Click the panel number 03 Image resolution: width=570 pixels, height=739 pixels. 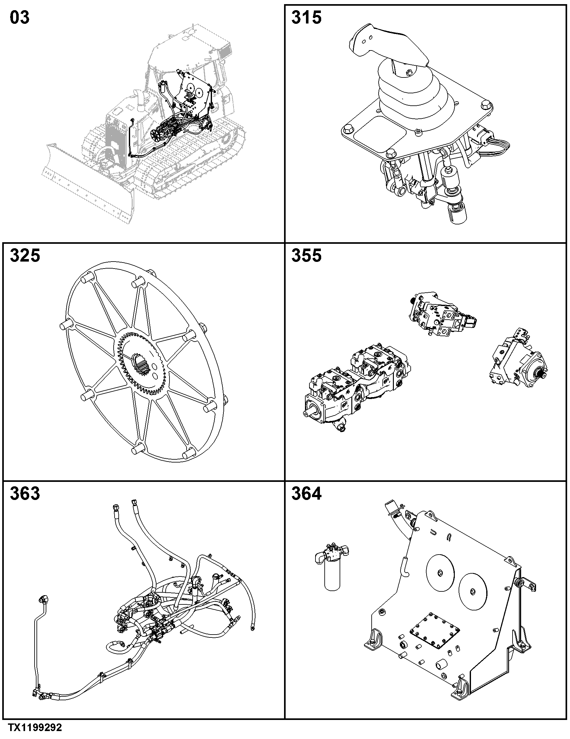[20, 17]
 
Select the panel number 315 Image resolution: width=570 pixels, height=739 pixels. [306, 17]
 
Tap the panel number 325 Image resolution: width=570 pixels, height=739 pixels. [25, 256]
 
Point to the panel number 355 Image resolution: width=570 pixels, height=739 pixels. [306, 256]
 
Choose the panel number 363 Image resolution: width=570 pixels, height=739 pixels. [25, 493]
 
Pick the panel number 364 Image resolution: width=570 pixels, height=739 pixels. [306, 493]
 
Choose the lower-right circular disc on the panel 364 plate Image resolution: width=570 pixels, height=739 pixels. [473, 592]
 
